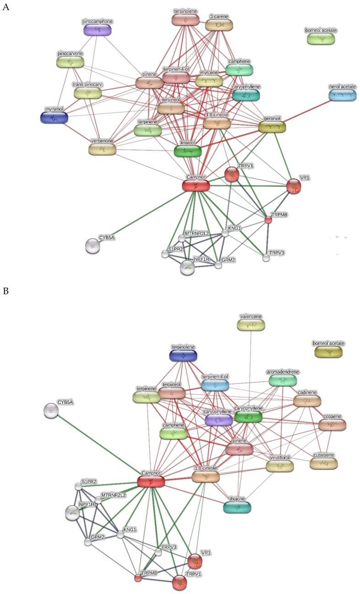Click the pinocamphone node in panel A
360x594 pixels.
coord(98,30)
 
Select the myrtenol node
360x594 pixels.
coord(54,118)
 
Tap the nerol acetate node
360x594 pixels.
coord(343,95)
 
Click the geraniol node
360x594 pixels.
coord(272,127)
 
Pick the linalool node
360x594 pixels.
coord(188,151)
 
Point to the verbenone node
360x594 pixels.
coord(102,149)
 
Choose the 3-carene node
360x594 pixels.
coord(219,25)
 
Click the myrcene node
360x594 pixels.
coord(209,81)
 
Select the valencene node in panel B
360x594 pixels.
coord(251,325)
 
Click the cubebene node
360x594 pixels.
coord(323,464)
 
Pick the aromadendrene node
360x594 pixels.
coord(283,379)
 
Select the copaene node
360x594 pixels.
coord(332,424)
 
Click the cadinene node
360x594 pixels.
coord(307,401)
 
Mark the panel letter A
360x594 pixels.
coord(6,7)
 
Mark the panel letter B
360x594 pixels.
coord(5,291)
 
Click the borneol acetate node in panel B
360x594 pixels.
coord(328,352)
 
